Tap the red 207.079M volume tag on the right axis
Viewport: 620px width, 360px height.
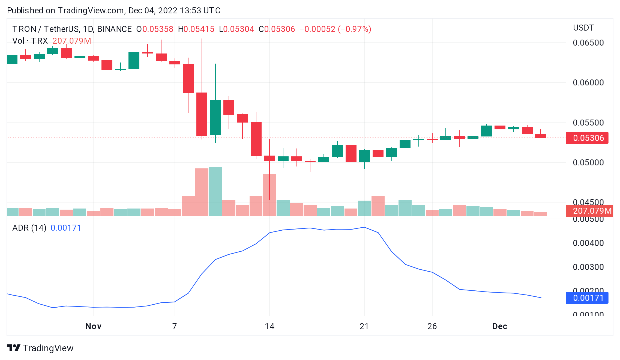pyautogui.click(x=589, y=211)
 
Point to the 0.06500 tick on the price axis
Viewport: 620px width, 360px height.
pyautogui.click(x=588, y=43)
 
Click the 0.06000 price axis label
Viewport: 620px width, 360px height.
pyautogui.click(x=588, y=83)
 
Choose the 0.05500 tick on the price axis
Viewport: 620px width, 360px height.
pyautogui.click(x=588, y=123)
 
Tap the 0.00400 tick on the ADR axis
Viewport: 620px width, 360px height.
pyautogui.click(x=588, y=243)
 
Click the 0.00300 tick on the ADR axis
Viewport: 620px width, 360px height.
pyautogui.click(x=588, y=267)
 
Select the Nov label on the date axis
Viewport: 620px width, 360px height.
pyautogui.click(x=93, y=326)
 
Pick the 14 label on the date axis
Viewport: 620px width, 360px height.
pyautogui.click(x=269, y=326)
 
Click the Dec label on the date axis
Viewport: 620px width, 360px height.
pyautogui.click(x=500, y=326)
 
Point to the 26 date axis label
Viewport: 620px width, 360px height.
pyautogui.click(x=432, y=326)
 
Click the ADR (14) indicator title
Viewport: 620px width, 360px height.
pyautogui.click(x=29, y=228)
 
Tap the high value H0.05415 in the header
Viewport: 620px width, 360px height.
pyautogui.click(x=196, y=29)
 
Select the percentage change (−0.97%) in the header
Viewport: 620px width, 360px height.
pyautogui.click(x=354, y=29)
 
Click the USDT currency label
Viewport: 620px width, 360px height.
pyautogui.click(x=583, y=28)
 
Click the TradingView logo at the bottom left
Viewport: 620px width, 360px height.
pyautogui.click(x=40, y=348)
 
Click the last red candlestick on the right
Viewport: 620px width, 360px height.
pyautogui.click(x=540, y=136)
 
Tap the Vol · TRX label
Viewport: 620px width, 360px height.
pyautogui.click(x=30, y=41)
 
